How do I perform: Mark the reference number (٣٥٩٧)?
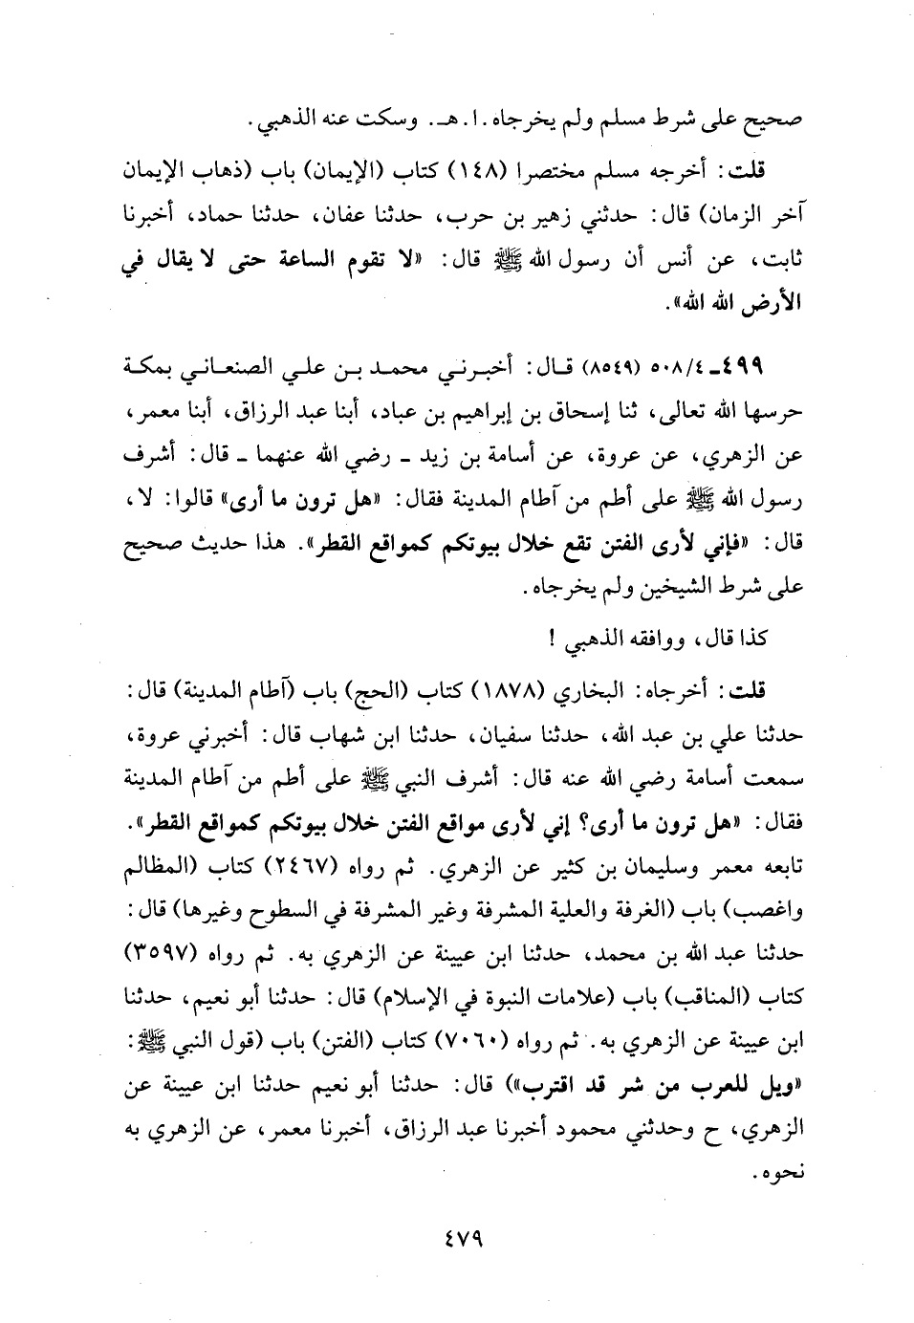(170, 954)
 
